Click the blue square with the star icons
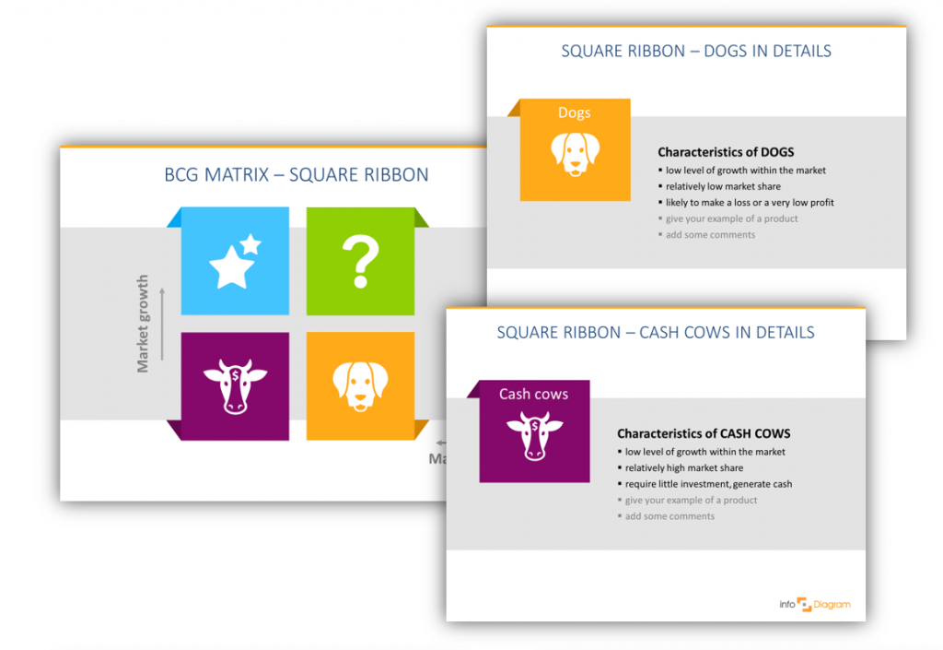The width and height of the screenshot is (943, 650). point(235,261)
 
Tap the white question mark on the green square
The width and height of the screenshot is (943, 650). point(361,261)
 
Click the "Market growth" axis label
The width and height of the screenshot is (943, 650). point(143,323)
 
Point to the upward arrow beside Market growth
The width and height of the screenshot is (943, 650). point(162,323)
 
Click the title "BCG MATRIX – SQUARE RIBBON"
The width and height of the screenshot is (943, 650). point(297,175)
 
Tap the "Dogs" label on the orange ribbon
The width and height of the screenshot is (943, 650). point(575,112)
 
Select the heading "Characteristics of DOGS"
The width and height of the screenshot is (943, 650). point(726,152)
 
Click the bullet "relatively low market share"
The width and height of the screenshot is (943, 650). point(723,186)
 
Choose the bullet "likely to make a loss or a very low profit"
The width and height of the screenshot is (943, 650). point(750,202)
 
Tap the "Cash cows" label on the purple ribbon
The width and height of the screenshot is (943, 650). point(534,394)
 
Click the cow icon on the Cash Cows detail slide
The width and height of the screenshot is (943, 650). point(534,435)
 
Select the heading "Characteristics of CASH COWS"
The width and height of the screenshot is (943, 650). point(704,433)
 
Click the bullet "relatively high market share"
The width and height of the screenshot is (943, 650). point(684,467)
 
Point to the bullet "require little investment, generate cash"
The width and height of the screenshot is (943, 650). point(708,484)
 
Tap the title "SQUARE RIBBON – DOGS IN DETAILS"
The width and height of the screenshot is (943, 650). point(696,52)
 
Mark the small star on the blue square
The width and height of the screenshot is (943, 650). point(250,244)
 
